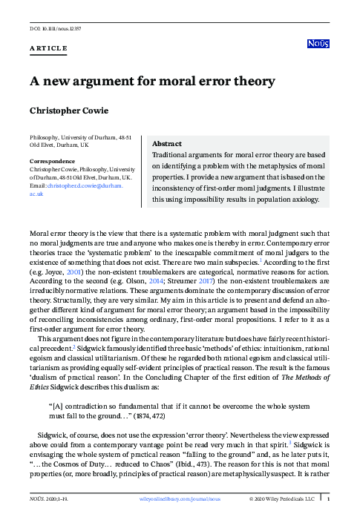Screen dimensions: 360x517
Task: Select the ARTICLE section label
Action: [x=48, y=49]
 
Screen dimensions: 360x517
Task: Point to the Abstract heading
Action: [x=168, y=144]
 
